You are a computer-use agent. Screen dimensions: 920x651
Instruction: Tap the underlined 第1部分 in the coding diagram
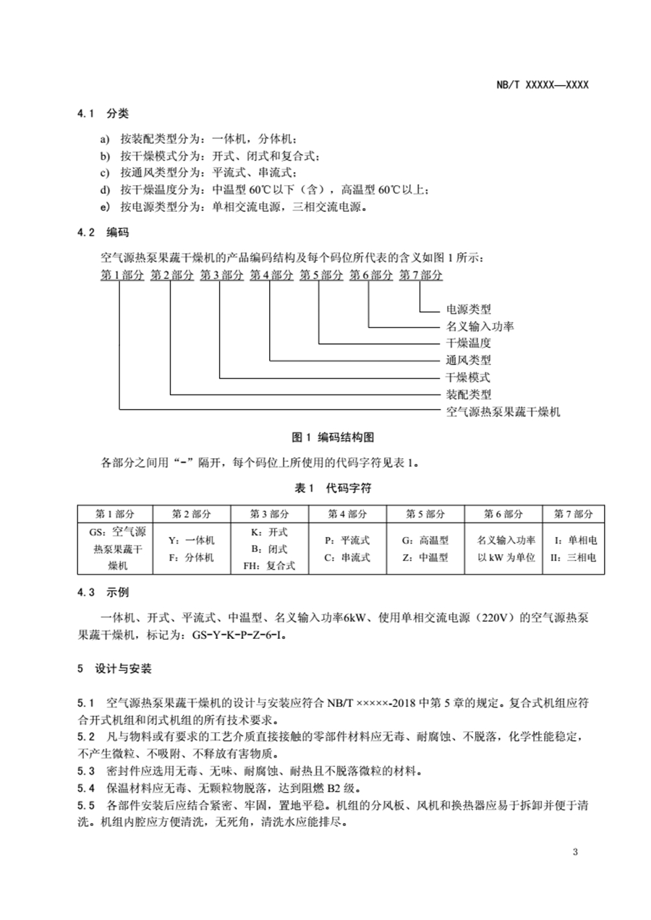pos(122,275)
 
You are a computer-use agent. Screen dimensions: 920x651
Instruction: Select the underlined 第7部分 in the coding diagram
pos(421,275)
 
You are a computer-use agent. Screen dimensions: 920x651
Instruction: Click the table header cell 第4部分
pos(348,514)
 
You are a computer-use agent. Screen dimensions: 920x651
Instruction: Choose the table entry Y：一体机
pos(191,540)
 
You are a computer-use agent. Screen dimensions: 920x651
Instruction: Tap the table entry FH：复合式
pos(269,566)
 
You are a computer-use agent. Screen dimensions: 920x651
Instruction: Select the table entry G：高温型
pos(425,540)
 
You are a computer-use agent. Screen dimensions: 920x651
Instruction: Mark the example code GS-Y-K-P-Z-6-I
pos(239,635)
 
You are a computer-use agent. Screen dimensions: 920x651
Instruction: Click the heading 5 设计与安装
pos(114,669)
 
